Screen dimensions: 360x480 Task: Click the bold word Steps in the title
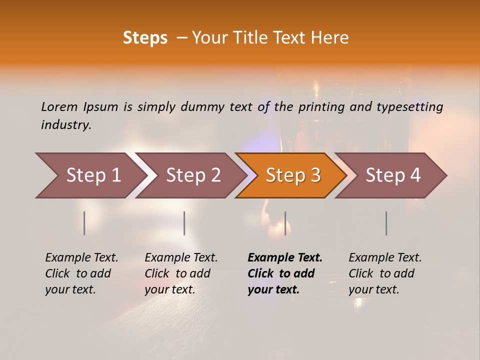[x=145, y=38]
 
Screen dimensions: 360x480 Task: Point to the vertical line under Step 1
[x=84, y=223]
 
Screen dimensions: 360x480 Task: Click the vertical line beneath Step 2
[x=184, y=223]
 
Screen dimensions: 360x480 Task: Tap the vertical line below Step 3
[x=285, y=223]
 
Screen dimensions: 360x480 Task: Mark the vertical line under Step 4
[x=386, y=223]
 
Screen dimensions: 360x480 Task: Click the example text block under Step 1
[x=81, y=273]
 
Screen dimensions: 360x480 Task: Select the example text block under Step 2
[x=181, y=273]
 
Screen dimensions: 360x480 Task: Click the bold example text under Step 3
[x=285, y=273]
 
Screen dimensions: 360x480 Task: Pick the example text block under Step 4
[x=385, y=273]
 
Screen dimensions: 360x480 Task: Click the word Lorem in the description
[x=59, y=106]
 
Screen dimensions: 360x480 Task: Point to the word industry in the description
[x=66, y=124]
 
